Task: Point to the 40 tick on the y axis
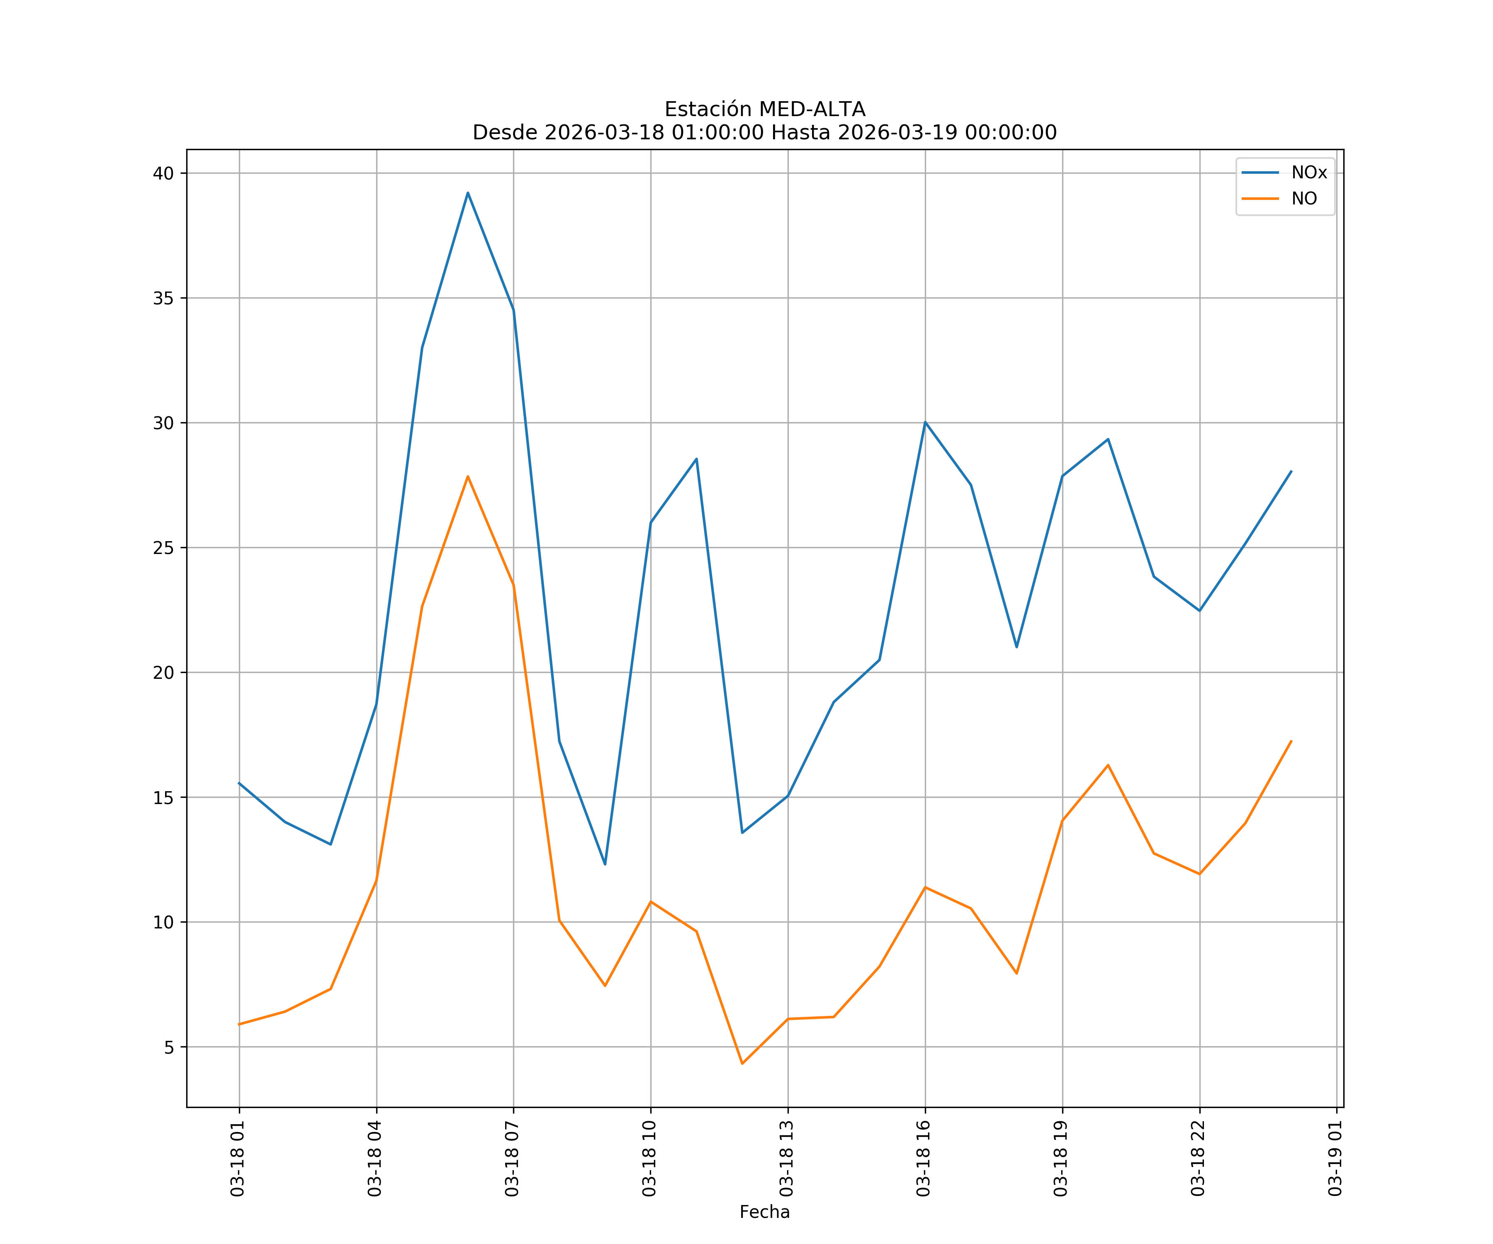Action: point(163,173)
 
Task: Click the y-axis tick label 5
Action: point(168,1047)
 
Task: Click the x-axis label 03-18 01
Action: point(238,1159)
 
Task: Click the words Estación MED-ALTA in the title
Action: point(764,109)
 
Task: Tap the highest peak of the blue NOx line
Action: point(468,193)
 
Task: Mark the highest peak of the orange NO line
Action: point(468,476)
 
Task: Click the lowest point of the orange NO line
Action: point(742,1064)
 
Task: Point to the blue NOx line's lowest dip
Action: point(605,865)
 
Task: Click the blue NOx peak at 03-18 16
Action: point(925,422)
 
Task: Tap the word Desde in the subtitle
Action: point(505,133)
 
